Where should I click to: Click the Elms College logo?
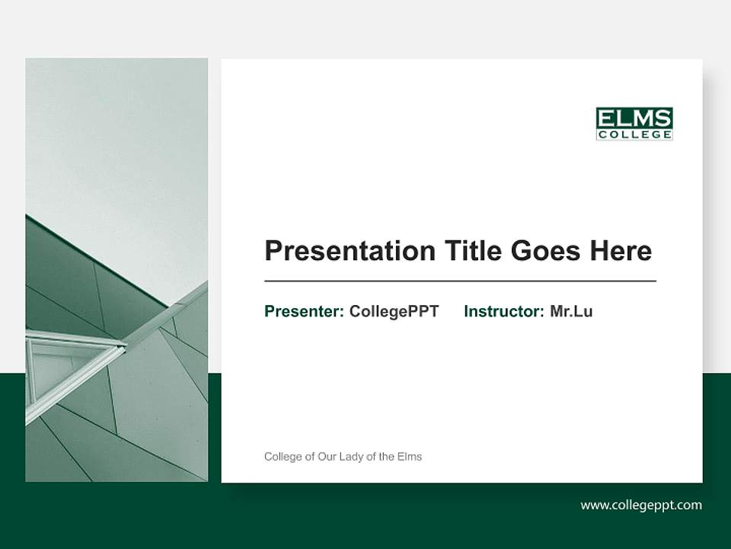[x=634, y=124]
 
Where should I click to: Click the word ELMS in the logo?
[x=634, y=118]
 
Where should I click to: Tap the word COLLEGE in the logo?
[x=634, y=135]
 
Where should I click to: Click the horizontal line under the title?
[x=460, y=281]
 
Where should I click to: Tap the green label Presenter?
[x=304, y=311]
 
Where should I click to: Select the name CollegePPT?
[x=394, y=311]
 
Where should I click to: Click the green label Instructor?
[x=504, y=311]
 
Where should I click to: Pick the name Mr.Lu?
[x=571, y=311]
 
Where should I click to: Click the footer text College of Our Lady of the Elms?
[x=343, y=457]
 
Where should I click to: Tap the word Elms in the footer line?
[x=410, y=457]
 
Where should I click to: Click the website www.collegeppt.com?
[x=641, y=505]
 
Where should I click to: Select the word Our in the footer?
[x=328, y=457]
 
